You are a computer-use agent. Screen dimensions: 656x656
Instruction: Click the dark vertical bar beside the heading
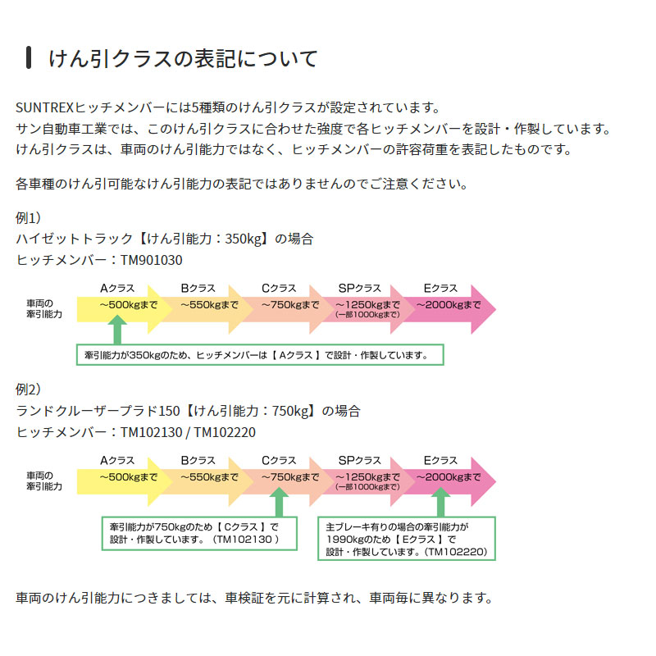(x=29, y=59)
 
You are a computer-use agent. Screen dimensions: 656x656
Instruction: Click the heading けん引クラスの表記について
(x=182, y=59)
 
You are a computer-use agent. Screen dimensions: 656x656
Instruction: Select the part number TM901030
(x=152, y=261)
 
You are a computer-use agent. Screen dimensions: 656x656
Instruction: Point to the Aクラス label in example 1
(x=117, y=289)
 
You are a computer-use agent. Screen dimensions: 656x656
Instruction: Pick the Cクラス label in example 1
(x=279, y=289)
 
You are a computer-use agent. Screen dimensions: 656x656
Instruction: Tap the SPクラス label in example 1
(x=359, y=289)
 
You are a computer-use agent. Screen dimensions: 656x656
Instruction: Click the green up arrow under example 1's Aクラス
(x=117, y=331)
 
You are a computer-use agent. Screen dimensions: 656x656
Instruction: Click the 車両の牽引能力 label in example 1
(x=44, y=309)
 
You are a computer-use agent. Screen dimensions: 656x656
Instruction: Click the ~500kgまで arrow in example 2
(x=123, y=476)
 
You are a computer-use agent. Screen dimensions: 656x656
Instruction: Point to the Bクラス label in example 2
(x=198, y=460)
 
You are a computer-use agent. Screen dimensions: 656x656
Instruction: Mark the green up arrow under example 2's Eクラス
(x=440, y=502)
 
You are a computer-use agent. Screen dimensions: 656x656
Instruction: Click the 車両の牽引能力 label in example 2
(x=44, y=481)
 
